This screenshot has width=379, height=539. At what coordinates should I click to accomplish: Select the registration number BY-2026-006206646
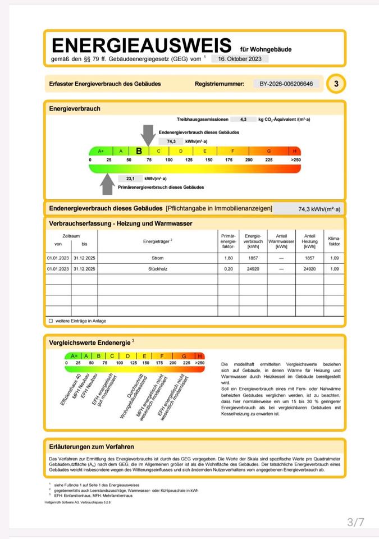286,84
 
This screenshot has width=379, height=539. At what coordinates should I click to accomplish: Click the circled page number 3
336,84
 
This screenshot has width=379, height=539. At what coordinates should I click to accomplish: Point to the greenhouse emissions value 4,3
243,120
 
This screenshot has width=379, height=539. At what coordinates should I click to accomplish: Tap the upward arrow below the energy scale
107,182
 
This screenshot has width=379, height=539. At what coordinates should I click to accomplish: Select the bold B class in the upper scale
139,151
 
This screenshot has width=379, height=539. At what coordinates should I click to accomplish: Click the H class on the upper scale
295,151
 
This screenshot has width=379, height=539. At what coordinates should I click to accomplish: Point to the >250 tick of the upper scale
295,160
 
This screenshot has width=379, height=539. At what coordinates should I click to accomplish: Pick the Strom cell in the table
157,258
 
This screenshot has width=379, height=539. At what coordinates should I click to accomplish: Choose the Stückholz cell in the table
157,269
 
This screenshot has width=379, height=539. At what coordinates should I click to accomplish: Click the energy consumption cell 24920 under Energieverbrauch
253,269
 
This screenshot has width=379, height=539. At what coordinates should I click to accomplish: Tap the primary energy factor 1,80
227,258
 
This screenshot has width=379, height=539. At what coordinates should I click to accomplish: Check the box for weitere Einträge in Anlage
51,321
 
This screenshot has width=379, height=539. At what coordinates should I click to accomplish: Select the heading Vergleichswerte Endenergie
90,341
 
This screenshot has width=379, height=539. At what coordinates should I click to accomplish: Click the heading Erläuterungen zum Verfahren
92,446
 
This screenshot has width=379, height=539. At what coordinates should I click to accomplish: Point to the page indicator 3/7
355,522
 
